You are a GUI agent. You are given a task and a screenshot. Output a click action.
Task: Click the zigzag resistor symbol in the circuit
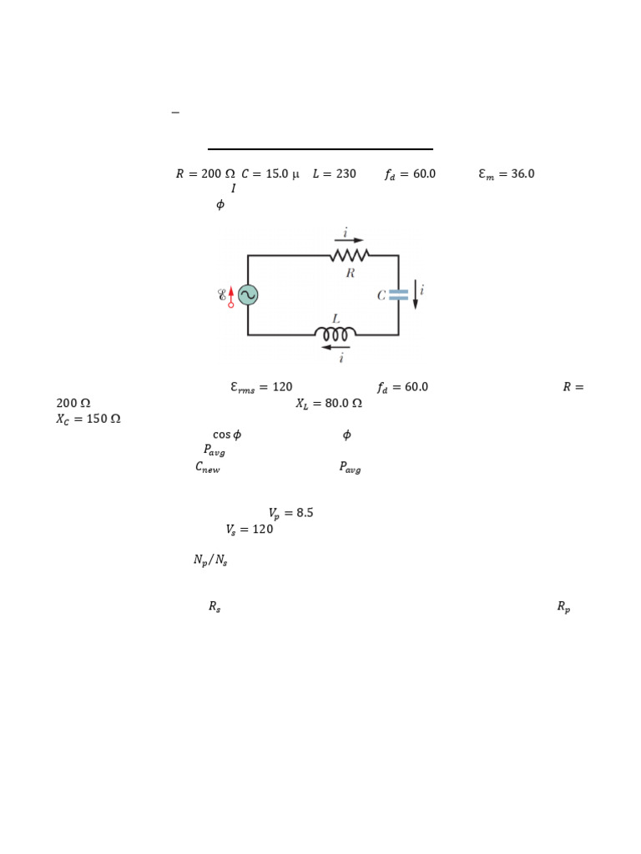tap(349, 255)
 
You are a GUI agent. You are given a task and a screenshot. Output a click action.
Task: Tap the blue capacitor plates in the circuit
tap(398, 294)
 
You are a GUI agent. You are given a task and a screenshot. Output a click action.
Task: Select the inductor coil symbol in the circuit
tap(336, 334)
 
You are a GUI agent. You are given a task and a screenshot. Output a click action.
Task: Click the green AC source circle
tap(248, 294)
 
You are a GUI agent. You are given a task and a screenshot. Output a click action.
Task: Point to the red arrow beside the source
tap(231, 295)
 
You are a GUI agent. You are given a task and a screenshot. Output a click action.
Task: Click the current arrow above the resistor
tap(349, 240)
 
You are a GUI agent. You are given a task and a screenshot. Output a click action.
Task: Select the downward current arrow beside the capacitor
tap(415, 294)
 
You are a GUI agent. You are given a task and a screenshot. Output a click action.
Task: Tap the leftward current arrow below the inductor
tap(336, 347)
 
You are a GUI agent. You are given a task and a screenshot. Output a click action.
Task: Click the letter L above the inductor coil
tap(336, 319)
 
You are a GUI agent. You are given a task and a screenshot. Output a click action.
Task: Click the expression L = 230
tap(334, 174)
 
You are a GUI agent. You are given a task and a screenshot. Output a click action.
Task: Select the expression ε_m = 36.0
tap(506, 174)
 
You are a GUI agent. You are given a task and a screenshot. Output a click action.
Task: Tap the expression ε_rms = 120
tap(261, 387)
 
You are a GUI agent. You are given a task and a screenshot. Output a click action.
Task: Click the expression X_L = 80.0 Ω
tap(329, 403)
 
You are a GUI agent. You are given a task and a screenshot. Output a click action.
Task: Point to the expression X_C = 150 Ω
tap(88, 419)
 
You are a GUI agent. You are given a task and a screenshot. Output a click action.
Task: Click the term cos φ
tap(226, 435)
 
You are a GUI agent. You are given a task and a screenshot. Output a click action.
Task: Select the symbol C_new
tap(208, 468)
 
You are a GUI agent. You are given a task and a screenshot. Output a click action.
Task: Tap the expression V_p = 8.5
tap(290, 513)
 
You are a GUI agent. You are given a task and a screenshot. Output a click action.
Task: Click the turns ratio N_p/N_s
tap(210, 560)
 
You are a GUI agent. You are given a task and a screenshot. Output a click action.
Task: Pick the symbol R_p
tap(563, 608)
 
